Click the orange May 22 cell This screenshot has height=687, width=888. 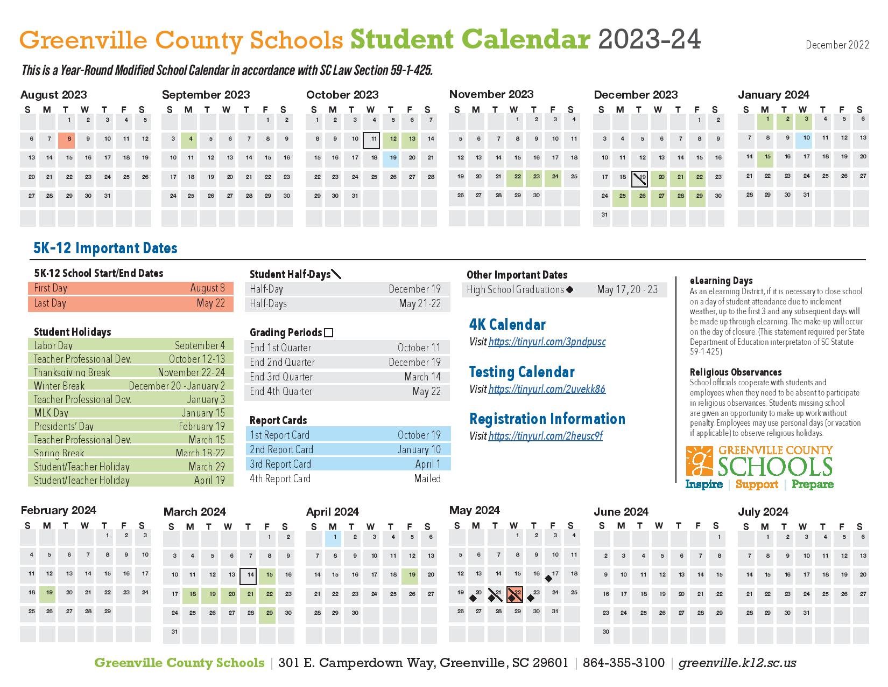(x=515, y=594)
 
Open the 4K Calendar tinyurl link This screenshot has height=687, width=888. (x=547, y=342)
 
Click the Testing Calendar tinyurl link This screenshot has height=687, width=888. (x=547, y=389)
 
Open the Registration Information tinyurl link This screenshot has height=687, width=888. (x=545, y=436)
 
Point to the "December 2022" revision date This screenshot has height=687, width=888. (x=837, y=45)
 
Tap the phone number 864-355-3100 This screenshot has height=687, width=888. (x=623, y=663)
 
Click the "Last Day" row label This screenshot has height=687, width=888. (x=50, y=303)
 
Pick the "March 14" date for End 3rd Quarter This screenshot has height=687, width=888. (x=422, y=377)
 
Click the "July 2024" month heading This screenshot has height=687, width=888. (x=763, y=511)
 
